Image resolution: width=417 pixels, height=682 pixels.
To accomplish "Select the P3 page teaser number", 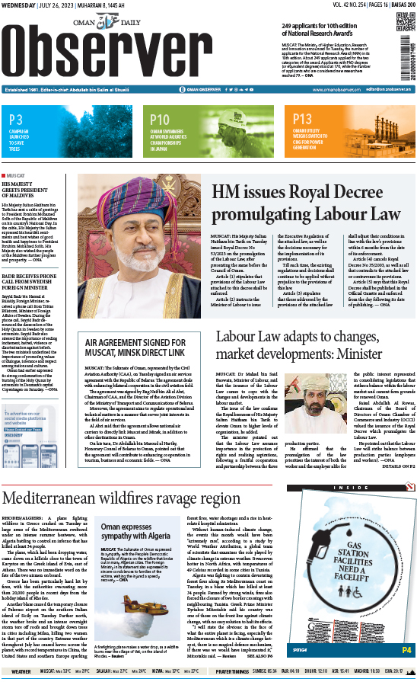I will point(16,119).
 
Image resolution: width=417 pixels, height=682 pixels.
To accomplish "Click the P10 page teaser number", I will point(160,119).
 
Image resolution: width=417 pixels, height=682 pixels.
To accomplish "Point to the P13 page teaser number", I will point(302,119).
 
